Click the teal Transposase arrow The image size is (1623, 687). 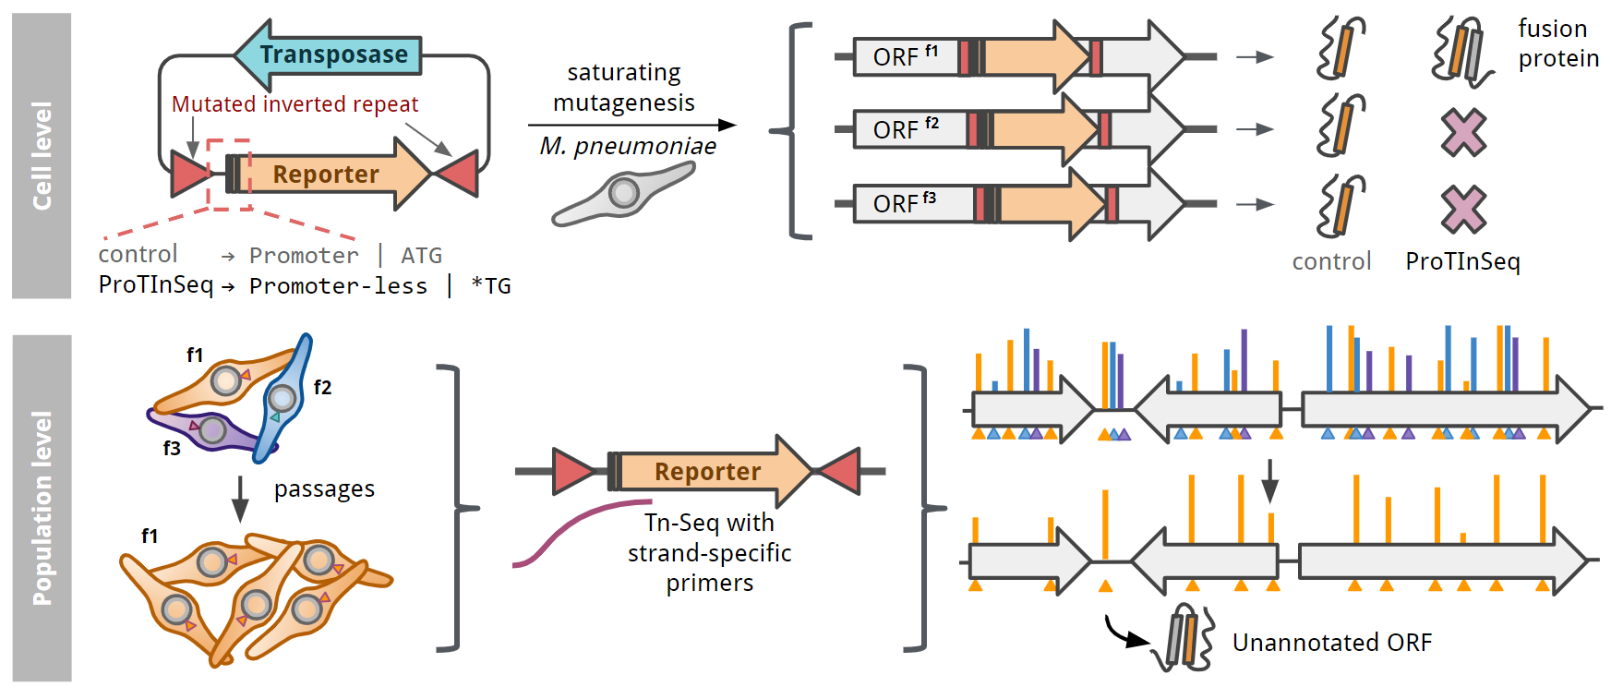click(332, 54)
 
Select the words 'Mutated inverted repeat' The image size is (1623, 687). click(295, 104)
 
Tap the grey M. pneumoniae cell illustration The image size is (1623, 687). click(624, 194)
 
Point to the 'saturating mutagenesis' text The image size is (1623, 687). click(624, 87)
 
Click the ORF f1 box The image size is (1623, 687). click(905, 56)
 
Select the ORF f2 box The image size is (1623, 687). click(908, 129)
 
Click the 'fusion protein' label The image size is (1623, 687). click(1557, 43)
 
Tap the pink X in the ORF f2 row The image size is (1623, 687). click(1463, 131)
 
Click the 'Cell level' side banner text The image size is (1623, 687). click(42, 155)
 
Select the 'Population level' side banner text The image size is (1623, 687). click(42, 508)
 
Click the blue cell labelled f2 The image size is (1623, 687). click(283, 397)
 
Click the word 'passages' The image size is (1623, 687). click(324, 488)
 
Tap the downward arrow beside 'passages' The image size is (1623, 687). click(240, 499)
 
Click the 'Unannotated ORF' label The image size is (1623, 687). click(1331, 643)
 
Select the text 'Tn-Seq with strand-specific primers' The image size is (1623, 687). click(709, 552)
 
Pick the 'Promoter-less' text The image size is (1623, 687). click(338, 286)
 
